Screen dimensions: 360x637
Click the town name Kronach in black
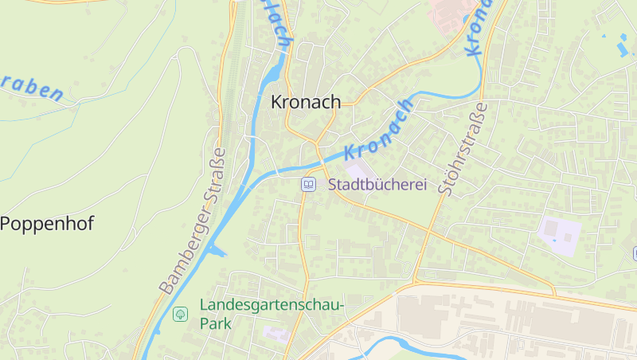click(x=306, y=102)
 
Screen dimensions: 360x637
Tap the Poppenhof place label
click(x=47, y=224)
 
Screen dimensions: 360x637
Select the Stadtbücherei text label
click(x=377, y=185)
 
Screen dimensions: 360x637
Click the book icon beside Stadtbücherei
click(x=308, y=185)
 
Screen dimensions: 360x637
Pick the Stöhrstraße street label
click(x=462, y=149)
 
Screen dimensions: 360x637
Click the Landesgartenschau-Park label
click(x=270, y=314)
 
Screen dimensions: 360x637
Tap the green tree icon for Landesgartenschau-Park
click(x=181, y=314)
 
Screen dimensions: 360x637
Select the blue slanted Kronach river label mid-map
click(x=380, y=130)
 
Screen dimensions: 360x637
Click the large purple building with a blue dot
click(x=559, y=233)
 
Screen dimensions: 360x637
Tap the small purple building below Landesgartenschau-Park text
click(x=276, y=335)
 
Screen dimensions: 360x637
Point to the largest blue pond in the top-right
click(x=622, y=48)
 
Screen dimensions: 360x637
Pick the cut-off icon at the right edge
click(x=634, y=253)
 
